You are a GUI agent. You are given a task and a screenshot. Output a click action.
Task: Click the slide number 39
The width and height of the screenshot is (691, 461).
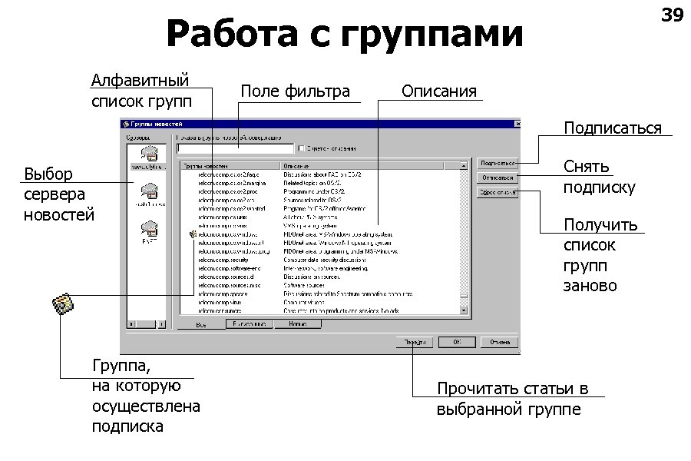[x=671, y=15]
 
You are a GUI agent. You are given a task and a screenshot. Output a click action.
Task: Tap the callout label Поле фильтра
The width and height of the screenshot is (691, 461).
[x=296, y=91]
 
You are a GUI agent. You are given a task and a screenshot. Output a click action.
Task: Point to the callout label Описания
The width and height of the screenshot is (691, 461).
[x=439, y=91]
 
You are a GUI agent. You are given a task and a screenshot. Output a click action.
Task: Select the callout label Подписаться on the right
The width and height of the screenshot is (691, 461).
[x=612, y=128]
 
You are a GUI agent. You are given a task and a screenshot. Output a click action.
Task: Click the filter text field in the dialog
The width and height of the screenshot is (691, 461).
[x=235, y=148]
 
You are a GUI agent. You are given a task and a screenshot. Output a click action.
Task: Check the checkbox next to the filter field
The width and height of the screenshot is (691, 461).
[x=301, y=148]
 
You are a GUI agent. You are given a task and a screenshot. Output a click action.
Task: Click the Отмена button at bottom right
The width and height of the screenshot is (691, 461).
[x=501, y=342]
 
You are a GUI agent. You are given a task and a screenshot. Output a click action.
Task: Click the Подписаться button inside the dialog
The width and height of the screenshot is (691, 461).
[x=497, y=163]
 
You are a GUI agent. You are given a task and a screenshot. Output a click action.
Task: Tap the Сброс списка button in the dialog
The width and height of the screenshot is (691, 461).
[x=497, y=193]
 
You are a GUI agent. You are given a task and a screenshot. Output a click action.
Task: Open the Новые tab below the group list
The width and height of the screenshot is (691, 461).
[x=297, y=324]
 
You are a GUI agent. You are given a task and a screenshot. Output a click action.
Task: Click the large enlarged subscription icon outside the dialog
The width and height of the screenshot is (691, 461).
[x=63, y=305]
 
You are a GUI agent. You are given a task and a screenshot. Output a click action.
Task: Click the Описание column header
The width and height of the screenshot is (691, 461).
[x=362, y=165]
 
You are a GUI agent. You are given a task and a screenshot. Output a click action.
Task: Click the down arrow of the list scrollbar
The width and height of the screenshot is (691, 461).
[x=463, y=310]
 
